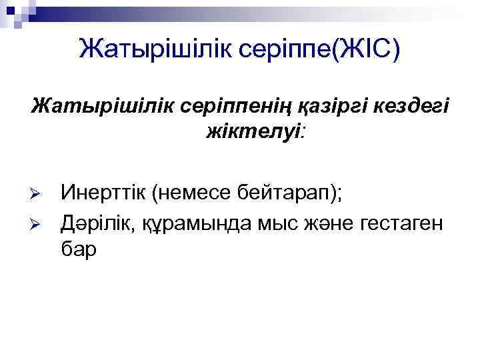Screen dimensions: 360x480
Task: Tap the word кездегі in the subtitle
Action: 413,107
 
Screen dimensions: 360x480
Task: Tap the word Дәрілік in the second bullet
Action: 99,221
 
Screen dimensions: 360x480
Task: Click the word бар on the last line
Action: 78,249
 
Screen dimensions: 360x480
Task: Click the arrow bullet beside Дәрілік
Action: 37,221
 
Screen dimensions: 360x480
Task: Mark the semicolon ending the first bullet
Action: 339,196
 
